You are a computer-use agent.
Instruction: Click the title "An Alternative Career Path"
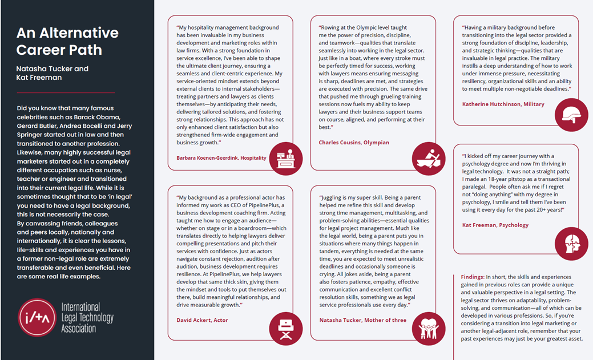67,41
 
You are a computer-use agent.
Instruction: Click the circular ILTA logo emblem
37,318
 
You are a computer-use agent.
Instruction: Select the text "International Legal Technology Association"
87,318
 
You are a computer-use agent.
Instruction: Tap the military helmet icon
571,115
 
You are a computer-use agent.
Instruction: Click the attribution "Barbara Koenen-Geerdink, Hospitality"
221,158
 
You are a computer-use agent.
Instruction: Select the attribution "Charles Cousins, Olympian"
354,143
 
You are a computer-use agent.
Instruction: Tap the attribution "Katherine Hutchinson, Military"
503,104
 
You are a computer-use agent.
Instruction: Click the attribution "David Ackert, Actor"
202,320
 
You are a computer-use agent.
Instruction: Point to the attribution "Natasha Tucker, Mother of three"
363,320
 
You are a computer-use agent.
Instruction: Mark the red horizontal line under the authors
66,92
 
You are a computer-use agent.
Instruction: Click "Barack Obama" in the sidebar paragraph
91,108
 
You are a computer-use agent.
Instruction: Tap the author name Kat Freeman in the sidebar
39,78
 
